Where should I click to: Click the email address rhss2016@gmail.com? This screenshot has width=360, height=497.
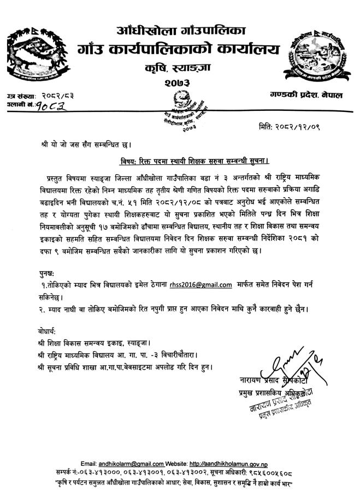(x=202, y=285)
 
